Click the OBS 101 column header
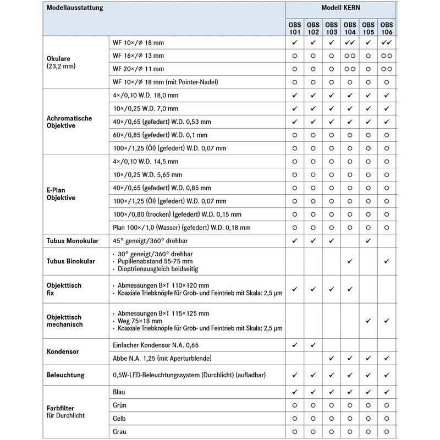click(x=295, y=28)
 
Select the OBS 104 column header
click(x=350, y=28)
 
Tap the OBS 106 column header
click(x=387, y=28)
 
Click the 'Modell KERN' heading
click(x=340, y=9)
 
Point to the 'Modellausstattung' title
click(x=75, y=9)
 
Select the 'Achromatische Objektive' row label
click(x=69, y=122)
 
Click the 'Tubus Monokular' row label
click(x=73, y=240)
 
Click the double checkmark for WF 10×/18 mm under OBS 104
click(x=350, y=42)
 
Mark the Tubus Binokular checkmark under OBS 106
click(x=387, y=261)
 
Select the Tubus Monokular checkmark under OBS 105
click(x=368, y=240)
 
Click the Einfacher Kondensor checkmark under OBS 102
click(x=313, y=345)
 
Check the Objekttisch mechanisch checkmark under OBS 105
click(x=368, y=320)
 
